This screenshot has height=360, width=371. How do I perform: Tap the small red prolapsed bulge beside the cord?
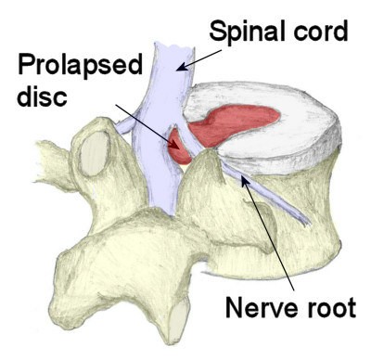pos(178,148)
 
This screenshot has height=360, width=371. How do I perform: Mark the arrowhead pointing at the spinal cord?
pos(184,67)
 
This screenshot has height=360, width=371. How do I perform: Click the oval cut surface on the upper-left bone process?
pos(93,158)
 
